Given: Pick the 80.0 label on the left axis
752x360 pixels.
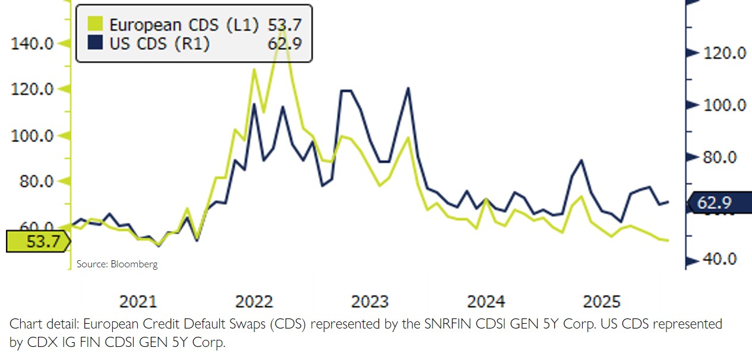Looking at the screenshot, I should (37, 182).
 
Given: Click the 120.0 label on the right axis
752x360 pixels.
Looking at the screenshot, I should (725, 53).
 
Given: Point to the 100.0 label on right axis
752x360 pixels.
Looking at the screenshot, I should (725, 105).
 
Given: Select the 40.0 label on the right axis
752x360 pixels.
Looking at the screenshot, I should (721, 260).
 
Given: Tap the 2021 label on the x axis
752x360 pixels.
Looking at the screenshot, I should (139, 302).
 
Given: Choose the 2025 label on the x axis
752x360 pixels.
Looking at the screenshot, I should (601, 302).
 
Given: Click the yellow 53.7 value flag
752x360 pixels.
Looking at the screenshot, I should (37, 242).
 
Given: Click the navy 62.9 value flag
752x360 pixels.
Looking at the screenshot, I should (719, 203).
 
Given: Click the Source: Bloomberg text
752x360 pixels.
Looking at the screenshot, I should (117, 264).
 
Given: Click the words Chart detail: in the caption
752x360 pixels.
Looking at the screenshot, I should (45, 324).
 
